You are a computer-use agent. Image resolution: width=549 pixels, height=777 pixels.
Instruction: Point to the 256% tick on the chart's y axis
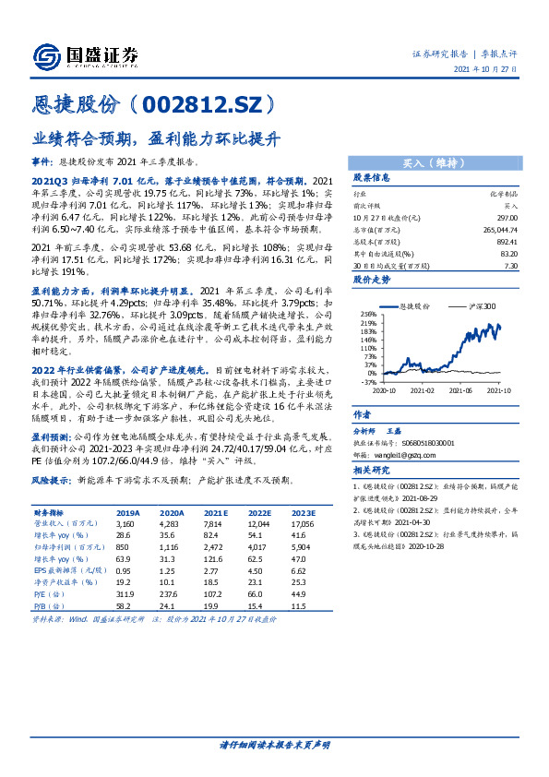click(x=367, y=315)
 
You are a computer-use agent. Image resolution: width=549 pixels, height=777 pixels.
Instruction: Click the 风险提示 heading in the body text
click(x=50, y=481)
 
